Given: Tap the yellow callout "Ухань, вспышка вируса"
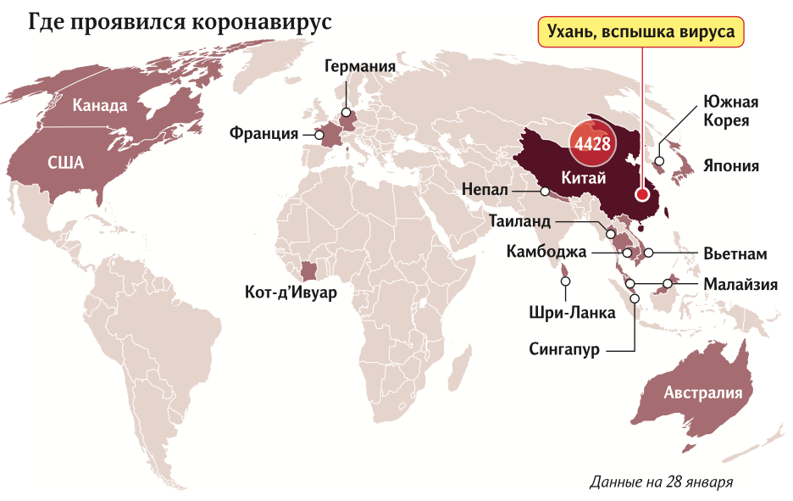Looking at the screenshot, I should click(x=643, y=34).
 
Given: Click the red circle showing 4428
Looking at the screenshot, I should click(x=592, y=143).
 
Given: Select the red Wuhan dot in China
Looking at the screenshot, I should click(x=642, y=193).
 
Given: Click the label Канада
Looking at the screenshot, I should click(x=99, y=106).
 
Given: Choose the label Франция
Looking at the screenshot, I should click(x=263, y=133).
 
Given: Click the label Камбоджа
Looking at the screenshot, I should click(x=546, y=252).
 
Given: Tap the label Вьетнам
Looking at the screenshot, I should click(x=735, y=253).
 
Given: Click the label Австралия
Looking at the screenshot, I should click(x=702, y=392).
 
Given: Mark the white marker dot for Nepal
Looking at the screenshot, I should click(x=546, y=191).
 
